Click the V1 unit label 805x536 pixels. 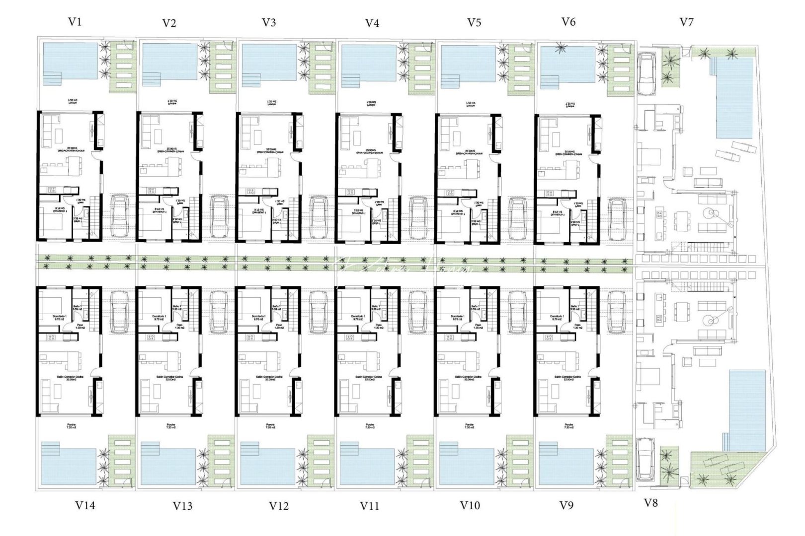[x=75, y=21]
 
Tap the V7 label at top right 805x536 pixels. [x=686, y=22]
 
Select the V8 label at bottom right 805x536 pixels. [x=650, y=503]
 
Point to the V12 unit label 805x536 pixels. [x=279, y=506]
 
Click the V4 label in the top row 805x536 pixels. [x=372, y=23]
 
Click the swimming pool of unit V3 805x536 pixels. [x=269, y=62]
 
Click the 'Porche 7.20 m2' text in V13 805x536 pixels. [x=170, y=427]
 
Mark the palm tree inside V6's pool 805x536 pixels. [x=561, y=49]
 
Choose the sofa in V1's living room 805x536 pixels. [x=48, y=132]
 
